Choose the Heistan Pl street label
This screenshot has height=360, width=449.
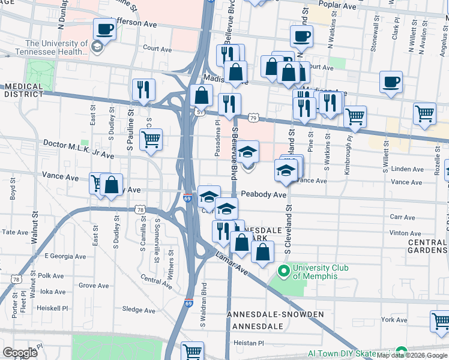(x=249, y=343)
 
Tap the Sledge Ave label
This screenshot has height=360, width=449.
(x=139, y=310)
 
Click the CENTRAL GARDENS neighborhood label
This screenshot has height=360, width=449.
(x=427, y=246)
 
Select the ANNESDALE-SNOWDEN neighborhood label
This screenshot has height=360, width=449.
(x=276, y=314)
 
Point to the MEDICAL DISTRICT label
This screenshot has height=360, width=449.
(x=24, y=90)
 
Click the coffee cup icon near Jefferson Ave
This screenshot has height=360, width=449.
(x=104, y=29)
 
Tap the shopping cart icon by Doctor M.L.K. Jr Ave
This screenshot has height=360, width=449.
(x=151, y=140)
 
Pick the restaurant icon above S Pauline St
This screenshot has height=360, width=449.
(x=143, y=90)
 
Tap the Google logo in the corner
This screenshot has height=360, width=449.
(x=20, y=352)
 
